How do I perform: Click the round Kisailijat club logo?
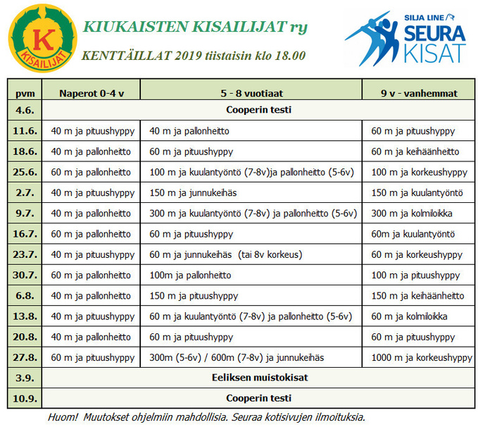point(42,38)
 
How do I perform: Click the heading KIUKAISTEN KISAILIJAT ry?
point(195,27)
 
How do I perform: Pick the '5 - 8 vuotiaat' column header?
point(252,92)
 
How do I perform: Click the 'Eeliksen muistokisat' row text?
point(259,378)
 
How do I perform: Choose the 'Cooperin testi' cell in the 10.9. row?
point(259,397)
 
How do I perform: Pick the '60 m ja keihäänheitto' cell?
point(415,151)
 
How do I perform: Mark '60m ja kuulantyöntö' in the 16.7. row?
point(413,234)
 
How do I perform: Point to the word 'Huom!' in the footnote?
point(63,416)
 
